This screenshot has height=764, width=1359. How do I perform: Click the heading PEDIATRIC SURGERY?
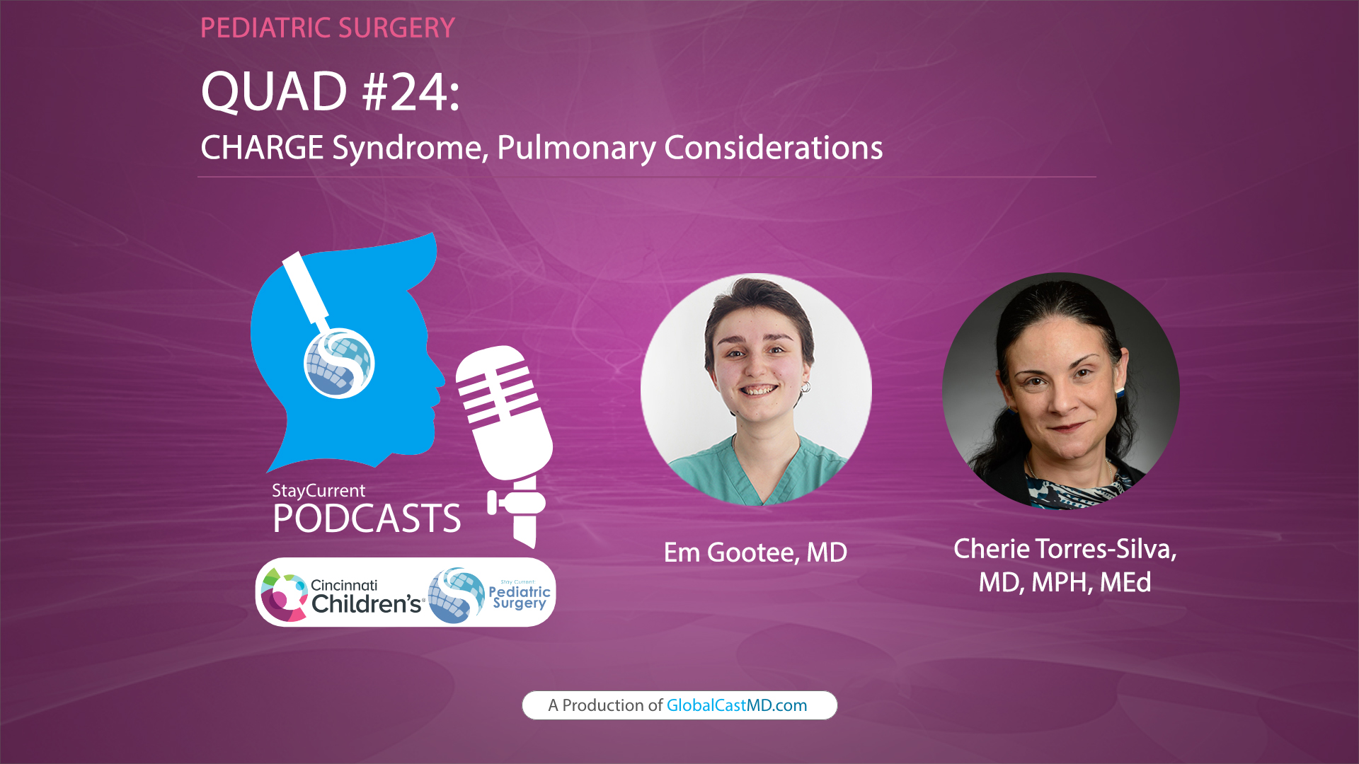327,28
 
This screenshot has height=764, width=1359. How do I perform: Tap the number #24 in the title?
411,92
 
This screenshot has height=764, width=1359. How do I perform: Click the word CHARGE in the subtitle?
262,148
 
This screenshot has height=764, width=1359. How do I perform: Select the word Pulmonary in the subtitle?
576,148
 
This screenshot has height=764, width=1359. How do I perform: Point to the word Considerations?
773,148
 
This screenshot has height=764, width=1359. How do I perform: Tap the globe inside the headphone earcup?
339,363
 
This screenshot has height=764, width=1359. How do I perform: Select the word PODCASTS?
367,519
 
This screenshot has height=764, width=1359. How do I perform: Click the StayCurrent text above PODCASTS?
319,490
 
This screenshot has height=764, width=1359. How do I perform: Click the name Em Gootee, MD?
755,552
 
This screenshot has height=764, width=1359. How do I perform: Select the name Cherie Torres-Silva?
1065,549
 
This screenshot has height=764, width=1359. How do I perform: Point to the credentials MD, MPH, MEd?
1065,582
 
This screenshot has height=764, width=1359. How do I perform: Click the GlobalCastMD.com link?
736,705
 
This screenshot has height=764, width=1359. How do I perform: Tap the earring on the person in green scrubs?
805,387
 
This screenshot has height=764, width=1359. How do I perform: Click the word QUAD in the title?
274,92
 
